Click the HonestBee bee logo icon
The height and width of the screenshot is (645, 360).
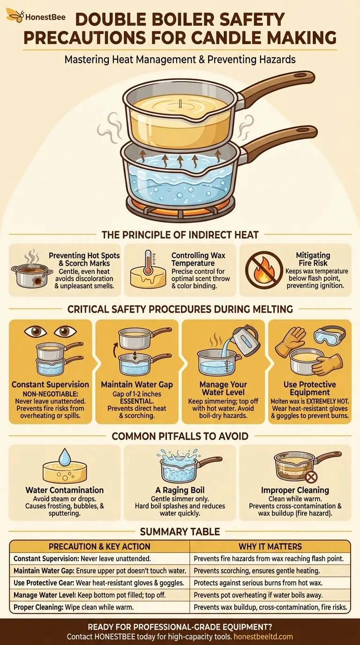[x=15, y=15]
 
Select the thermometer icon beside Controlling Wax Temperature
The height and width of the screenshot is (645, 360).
[x=148, y=262]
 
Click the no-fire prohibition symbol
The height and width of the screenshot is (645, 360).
[x=264, y=270]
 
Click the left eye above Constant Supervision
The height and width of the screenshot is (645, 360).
[x=36, y=331]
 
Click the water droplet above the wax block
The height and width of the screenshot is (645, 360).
[x=64, y=457]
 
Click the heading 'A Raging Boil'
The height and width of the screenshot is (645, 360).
[x=180, y=490]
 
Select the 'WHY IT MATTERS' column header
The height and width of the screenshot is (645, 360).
[x=270, y=547]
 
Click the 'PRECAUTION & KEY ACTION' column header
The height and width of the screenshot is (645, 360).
[x=99, y=547]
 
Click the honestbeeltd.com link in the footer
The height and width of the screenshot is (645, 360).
[x=263, y=637]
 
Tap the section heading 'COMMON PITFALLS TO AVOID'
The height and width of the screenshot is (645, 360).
[x=180, y=436]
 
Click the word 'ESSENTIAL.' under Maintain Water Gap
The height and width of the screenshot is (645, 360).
[x=137, y=401]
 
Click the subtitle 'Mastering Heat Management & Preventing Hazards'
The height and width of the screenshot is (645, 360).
[x=180, y=60]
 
